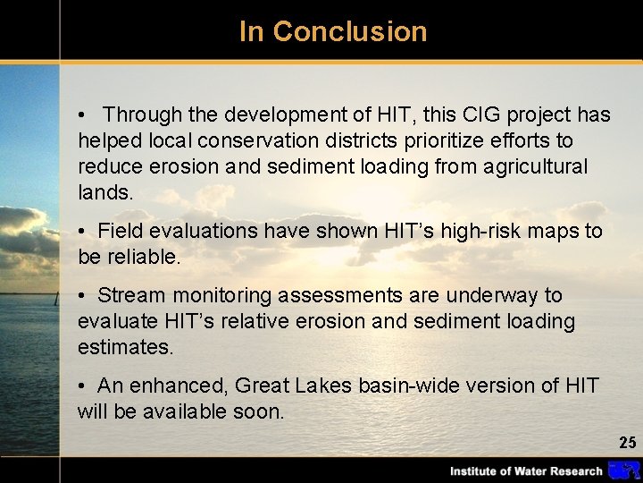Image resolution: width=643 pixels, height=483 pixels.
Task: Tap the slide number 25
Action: click(628, 443)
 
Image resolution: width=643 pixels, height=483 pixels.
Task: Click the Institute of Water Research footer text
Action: click(526, 471)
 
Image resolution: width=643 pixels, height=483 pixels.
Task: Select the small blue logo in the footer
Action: click(622, 470)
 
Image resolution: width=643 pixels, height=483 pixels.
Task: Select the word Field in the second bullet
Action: click(120, 231)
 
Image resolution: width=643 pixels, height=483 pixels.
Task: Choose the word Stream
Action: click(131, 295)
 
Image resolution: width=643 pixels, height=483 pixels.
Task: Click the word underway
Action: click(496, 295)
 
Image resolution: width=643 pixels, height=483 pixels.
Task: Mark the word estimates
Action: click(125, 347)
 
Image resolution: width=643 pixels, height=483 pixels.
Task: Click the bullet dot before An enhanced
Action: click(81, 386)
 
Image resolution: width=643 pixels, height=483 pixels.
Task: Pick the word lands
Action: click(104, 192)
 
